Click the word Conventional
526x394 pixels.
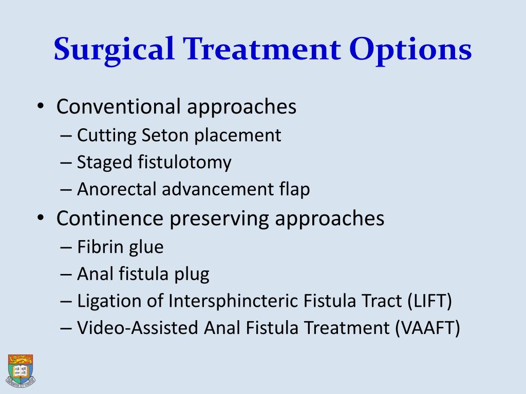point(118,107)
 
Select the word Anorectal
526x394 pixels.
point(117,190)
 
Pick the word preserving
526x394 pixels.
point(220,219)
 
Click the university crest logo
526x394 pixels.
point(21,369)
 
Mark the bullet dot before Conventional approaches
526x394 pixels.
point(42,107)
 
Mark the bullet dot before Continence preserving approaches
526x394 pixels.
point(42,219)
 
